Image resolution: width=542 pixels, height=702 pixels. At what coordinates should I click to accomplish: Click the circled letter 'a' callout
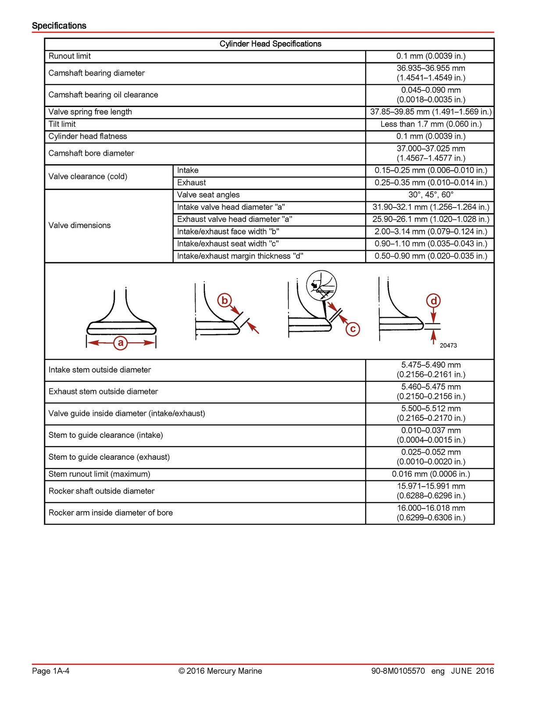point(121,342)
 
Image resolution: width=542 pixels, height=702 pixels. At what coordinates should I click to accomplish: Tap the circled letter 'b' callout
point(225,301)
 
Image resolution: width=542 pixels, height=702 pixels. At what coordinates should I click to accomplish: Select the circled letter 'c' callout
point(353,329)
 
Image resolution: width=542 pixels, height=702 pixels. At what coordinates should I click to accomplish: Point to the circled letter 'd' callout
point(433,301)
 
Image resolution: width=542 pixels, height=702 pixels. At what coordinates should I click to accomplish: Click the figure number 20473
point(448,345)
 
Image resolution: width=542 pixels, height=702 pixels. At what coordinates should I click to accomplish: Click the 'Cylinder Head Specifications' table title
point(270,44)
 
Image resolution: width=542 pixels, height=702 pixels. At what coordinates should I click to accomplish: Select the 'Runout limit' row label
point(70,56)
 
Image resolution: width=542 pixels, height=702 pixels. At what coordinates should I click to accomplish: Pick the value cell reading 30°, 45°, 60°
point(431,195)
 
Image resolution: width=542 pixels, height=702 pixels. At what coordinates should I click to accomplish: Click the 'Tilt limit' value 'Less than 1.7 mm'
point(431,124)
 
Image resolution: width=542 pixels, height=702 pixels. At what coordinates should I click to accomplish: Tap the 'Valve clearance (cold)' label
point(88,176)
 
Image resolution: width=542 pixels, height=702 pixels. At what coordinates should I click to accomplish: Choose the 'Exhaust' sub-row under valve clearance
point(191,183)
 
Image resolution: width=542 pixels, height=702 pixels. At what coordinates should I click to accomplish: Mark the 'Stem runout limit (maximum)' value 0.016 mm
point(431,474)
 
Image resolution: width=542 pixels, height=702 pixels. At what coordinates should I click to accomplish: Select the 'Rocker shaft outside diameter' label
point(101,491)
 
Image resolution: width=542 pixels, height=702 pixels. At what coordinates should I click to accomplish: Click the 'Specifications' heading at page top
point(59,25)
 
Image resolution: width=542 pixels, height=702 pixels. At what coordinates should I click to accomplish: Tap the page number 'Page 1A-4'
point(51,671)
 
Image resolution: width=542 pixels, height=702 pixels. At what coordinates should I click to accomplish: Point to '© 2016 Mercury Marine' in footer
point(220,671)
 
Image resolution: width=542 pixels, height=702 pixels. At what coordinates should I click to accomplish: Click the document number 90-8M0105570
point(398,671)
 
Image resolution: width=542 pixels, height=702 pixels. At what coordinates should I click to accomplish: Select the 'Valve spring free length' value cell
point(431,112)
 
